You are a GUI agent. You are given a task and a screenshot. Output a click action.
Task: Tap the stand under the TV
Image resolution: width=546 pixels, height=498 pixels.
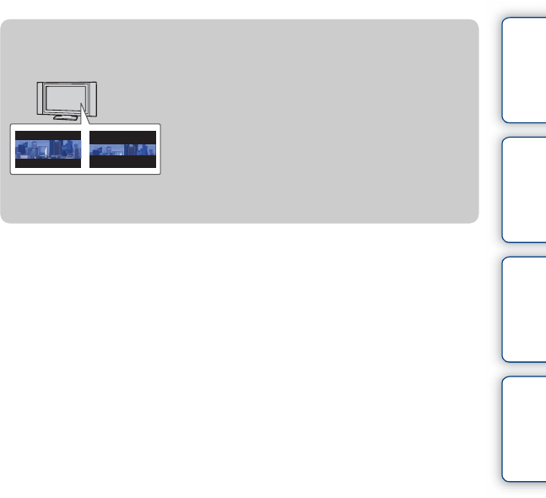point(67,118)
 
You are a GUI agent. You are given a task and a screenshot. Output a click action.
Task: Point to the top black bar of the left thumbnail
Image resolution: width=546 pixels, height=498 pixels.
point(48,134)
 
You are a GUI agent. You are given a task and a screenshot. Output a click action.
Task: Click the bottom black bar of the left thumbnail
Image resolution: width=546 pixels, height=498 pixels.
point(48,163)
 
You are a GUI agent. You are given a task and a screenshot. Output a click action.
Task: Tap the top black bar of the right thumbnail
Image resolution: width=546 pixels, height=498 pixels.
point(122,135)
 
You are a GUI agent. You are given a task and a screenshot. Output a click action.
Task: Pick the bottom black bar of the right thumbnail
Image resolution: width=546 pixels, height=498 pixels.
point(122,163)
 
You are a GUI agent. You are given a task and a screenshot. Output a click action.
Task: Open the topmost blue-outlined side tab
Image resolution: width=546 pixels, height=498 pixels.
point(523,71)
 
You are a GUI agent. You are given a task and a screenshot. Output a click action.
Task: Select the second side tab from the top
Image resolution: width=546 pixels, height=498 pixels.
point(523,190)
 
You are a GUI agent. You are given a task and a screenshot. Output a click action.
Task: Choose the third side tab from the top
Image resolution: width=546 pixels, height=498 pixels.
point(523,309)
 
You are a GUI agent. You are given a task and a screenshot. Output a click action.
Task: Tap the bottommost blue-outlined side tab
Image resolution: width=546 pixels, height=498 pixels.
point(523,428)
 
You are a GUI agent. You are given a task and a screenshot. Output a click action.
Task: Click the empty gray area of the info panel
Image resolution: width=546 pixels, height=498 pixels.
point(321,127)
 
